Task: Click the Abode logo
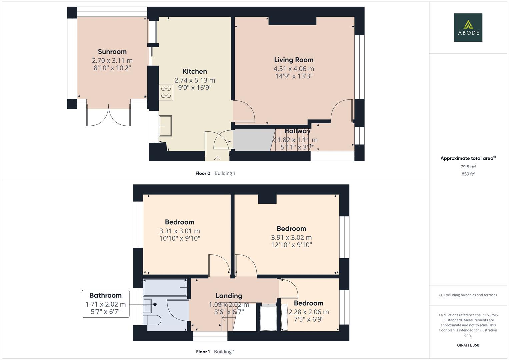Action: point(468,27)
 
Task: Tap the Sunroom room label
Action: point(112,52)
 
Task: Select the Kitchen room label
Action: point(195,71)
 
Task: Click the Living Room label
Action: point(294,60)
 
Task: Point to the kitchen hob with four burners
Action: point(166,92)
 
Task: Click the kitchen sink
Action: point(165,126)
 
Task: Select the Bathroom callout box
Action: point(105,303)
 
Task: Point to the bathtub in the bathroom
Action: point(165,287)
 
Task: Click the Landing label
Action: point(229,296)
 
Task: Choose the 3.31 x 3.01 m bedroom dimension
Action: point(180,231)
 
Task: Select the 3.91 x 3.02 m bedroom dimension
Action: point(291,238)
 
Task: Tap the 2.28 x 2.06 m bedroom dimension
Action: point(308,312)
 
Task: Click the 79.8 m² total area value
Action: point(468,167)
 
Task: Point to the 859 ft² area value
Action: point(468,174)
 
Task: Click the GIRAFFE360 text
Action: point(468,345)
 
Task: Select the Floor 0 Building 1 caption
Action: point(215,173)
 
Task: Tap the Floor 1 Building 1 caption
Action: point(215,352)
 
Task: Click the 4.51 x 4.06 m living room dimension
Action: point(294,69)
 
